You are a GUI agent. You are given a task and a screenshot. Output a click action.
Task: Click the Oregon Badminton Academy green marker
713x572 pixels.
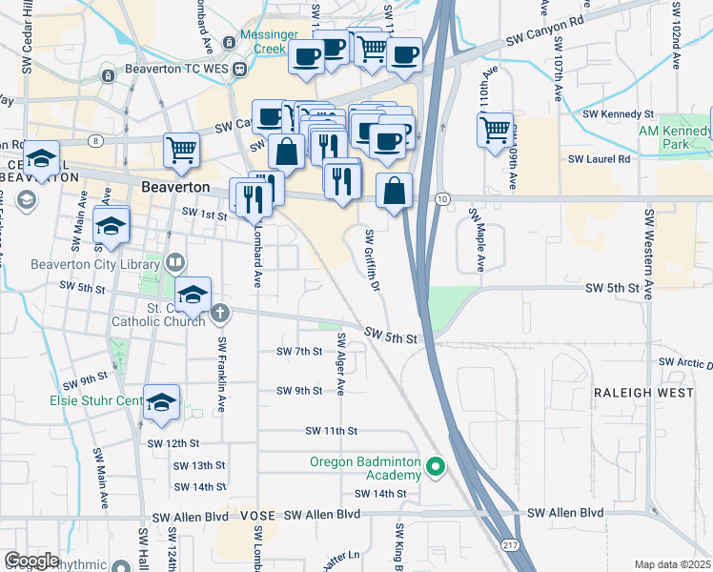436,466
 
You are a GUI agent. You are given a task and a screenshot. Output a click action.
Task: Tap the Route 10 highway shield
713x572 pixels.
442,198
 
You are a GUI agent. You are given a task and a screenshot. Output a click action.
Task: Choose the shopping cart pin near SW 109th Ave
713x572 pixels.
495,130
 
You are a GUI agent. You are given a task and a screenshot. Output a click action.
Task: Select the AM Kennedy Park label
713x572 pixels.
675,137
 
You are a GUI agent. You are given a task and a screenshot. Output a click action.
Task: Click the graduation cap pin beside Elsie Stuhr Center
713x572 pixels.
161,403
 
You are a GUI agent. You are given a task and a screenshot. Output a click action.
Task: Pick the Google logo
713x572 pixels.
32,561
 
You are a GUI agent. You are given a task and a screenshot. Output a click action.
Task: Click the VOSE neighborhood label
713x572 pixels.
257,515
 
